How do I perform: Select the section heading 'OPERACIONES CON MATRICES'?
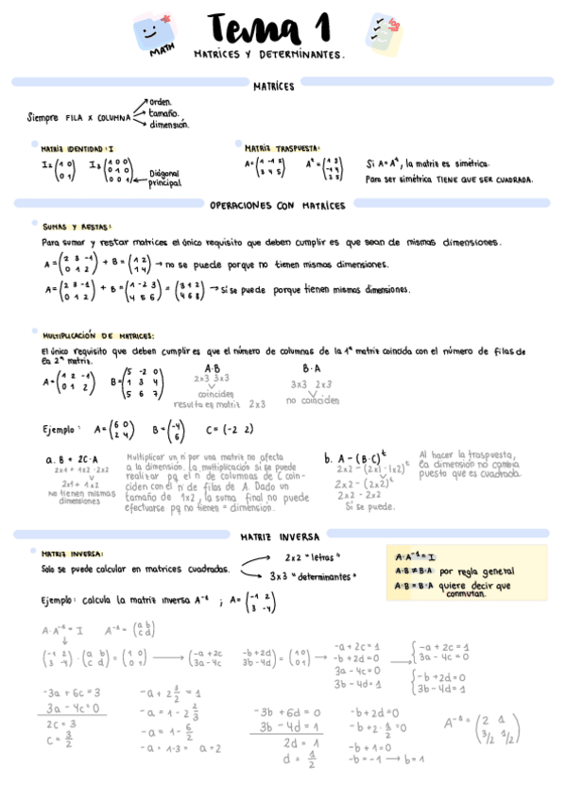[277, 205]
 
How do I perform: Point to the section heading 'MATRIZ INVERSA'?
[280, 535]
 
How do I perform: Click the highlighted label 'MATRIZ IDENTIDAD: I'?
[77, 148]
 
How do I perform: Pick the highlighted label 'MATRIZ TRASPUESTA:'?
[282, 148]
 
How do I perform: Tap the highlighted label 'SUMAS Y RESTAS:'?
[77, 227]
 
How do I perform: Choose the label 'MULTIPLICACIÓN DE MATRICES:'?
[98, 335]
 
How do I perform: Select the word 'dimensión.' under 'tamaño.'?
[169, 124]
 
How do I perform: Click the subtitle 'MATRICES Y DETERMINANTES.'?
[268, 56]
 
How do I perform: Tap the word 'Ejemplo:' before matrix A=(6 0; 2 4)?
[62, 429]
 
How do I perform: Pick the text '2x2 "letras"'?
[313, 556]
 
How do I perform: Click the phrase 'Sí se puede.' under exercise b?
[368, 506]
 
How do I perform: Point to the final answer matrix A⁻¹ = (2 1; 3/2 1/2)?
[478, 725]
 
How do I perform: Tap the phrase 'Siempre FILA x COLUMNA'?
[79, 117]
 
